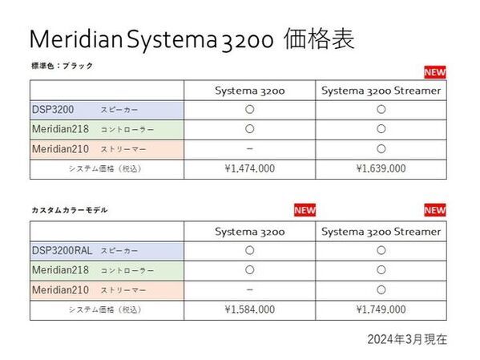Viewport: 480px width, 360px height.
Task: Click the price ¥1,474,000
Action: click(250, 168)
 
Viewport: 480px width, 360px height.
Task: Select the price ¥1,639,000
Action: click(381, 168)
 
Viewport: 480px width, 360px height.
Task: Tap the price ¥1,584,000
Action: click(250, 309)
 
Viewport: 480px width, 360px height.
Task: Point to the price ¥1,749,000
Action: click(381, 309)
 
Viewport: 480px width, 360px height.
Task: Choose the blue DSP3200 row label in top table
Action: click(52, 109)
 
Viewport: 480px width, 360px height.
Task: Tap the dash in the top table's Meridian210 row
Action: click(250, 148)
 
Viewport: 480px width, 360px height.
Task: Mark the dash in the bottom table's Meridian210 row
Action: click(250, 289)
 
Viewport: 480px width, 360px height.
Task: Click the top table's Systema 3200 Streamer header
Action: click(381, 90)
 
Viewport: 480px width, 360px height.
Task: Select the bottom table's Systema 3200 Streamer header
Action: click(381, 231)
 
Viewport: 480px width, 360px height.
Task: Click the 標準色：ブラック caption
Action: click(63, 66)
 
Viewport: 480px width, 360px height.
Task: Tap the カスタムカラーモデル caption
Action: click(69, 209)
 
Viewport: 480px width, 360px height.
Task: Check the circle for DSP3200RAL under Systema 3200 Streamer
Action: click(381, 250)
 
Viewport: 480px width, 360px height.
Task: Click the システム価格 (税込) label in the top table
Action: click(105, 168)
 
